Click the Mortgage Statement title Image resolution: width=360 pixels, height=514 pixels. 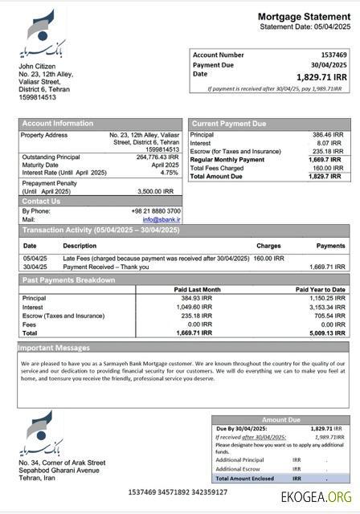pos(304,17)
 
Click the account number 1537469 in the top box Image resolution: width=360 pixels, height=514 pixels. pos(333,55)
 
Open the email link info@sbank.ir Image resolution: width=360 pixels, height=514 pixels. pos(162,219)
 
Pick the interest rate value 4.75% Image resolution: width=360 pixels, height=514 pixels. pos(169,173)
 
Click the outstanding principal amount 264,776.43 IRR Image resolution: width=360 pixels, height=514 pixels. pos(157,157)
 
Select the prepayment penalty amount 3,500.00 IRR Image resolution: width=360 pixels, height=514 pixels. pos(156,191)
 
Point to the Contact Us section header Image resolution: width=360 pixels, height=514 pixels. pos(41,201)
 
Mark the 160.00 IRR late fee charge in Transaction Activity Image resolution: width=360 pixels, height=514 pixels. pos(268,258)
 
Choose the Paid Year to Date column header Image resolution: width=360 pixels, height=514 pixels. pos(320,289)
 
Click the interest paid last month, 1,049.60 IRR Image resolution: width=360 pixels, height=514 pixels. pos(194,306)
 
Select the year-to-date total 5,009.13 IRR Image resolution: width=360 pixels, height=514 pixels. pos(327,332)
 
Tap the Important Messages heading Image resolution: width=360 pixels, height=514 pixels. pos(54,348)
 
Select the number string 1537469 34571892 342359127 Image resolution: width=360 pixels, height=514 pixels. pos(178,492)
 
